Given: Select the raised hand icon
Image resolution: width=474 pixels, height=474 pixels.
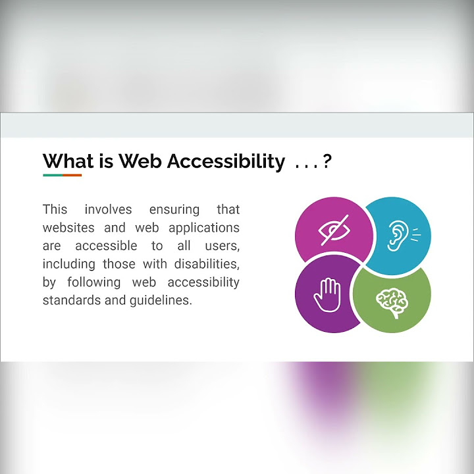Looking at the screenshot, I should (327, 296).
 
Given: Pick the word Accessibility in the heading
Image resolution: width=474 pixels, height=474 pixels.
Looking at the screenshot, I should (226, 161).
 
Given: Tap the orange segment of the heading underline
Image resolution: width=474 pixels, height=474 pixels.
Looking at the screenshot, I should (72, 175).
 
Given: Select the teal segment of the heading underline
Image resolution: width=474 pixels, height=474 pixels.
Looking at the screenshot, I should (53, 175).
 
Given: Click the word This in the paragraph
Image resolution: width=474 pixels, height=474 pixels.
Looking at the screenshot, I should (55, 209).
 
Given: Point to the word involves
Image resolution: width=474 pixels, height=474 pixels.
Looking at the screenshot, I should (108, 209).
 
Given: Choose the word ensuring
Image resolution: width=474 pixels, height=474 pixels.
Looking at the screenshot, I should (174, 210).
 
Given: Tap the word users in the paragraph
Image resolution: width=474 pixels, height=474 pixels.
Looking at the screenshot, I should (220, 246).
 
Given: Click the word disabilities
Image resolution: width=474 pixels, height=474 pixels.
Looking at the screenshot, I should (205, 264).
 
